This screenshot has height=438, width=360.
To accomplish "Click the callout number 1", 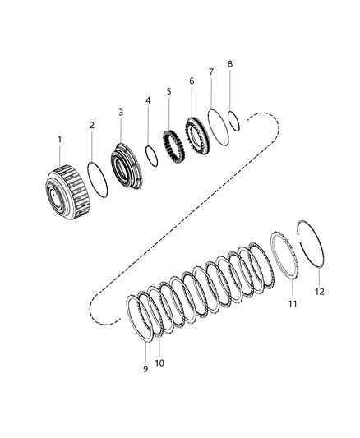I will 59,141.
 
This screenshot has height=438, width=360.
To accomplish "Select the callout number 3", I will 120,112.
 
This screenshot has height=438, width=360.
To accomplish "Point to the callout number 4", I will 148,101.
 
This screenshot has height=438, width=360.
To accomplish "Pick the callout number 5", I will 168,91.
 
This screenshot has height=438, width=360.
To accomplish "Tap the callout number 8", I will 230,63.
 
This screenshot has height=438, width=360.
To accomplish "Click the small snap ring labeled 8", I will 234,118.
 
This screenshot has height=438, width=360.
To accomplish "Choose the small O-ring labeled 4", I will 151,154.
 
